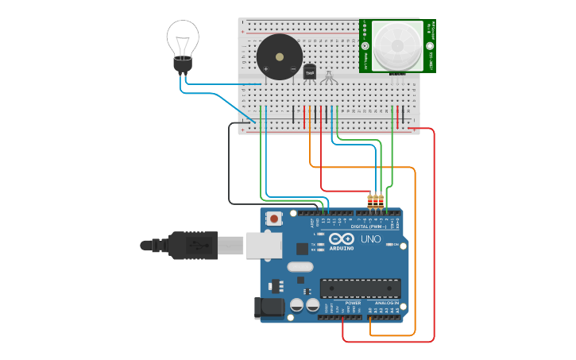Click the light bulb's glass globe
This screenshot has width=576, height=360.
point(183,37)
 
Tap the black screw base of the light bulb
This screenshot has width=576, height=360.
point(183,65)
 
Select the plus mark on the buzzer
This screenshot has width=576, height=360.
point(265,69)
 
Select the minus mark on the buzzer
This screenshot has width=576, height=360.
point(292,69)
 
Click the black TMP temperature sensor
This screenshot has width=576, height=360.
point(310,72)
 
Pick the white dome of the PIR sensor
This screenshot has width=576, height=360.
point(396,45)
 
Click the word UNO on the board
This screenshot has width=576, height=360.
point(371,238)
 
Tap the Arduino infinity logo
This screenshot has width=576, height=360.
point(342,238)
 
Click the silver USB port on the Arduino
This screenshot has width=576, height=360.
point(264,245)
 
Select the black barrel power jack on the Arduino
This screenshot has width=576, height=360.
point(269,308)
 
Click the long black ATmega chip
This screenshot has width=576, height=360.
point(359,288)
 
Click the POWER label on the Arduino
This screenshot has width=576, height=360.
point(353,303)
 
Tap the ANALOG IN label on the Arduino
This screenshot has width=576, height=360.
point(387,303)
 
